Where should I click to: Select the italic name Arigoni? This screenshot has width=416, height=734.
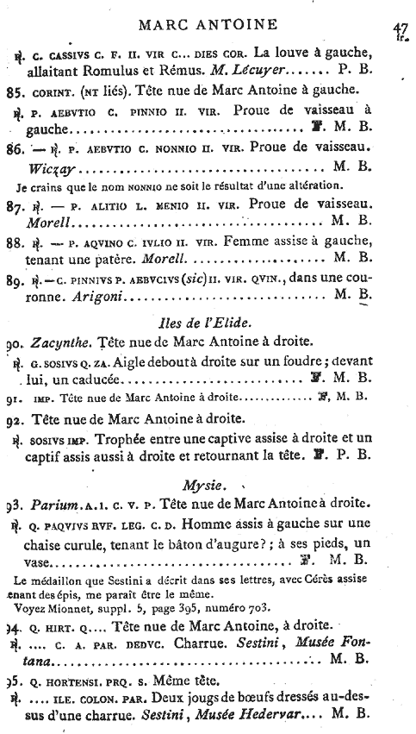[x=95, y=296]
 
